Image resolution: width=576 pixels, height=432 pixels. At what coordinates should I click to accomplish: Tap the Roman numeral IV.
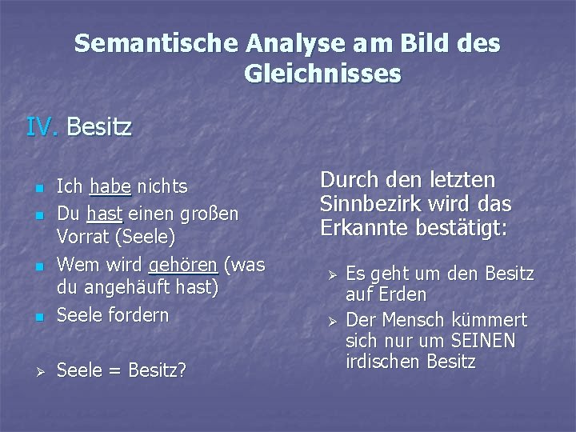pyautogui.click(x=42, y=126)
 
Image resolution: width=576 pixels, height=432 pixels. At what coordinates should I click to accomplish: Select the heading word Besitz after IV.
pyautogui.click(x=100, y=126)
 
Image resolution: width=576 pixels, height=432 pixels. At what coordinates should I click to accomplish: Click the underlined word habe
pyautogui.click(x=110, y=186)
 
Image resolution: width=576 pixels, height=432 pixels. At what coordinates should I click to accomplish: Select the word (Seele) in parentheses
pyautogui.click(x=140, y=238)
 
